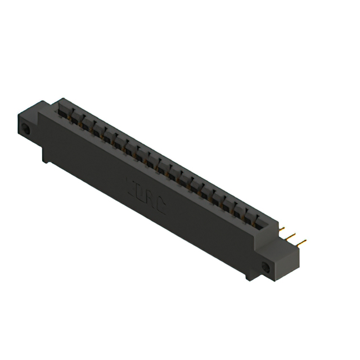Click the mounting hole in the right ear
266,269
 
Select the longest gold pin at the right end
299,244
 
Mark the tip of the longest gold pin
305,242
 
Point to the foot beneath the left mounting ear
46,156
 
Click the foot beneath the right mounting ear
249,277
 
